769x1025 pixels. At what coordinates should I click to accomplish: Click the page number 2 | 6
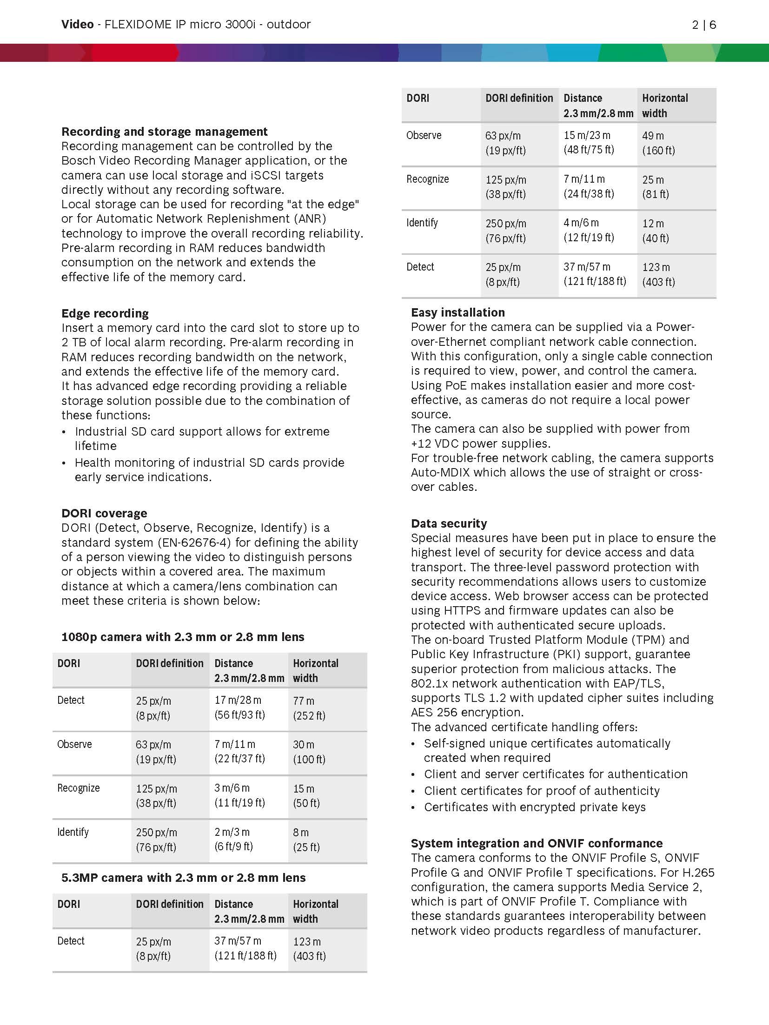coord(703,25)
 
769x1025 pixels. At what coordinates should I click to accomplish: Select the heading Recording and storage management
coord(165,132)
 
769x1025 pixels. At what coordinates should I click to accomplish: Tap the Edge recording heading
coord(105,313)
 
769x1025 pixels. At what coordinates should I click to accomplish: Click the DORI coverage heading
coord(104,513)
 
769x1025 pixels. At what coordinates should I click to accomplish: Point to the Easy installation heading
coord(457,312)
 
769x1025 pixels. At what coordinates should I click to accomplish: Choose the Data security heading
coord(449,523)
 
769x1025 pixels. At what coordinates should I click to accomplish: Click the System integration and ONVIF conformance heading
coord(537,843)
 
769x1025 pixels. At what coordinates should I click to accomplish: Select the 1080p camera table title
coord(183,637)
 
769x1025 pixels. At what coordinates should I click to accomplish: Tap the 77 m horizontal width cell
coord(309,708)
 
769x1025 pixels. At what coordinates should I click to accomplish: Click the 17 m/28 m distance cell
coord(239,708)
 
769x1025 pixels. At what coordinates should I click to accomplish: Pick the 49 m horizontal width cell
coord(658,143)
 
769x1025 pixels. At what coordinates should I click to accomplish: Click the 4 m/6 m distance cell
coord(588,230)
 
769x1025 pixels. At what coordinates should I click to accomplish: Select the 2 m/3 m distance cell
coord(233,839)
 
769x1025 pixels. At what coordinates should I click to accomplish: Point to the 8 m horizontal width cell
coord(306,840)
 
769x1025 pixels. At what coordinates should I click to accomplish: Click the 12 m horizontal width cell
coord(655,231)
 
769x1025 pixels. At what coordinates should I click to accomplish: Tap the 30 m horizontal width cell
coord(309,752)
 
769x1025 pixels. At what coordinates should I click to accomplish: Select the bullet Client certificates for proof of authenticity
coord(542,791)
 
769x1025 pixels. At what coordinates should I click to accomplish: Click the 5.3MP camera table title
coord(183,878)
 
